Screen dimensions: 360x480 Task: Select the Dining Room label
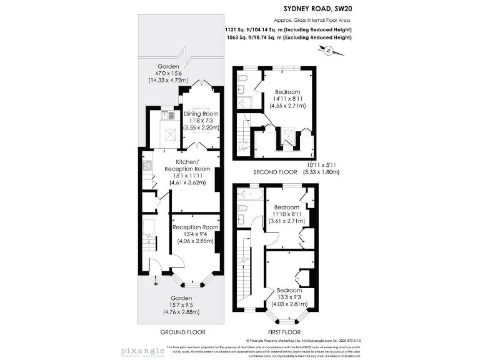[x=201, y=114]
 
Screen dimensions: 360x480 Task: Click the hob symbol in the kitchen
[x=147, y=166]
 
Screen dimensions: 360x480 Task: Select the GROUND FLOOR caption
[x=182, y=332]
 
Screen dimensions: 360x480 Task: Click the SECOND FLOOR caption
[x=274, y=172]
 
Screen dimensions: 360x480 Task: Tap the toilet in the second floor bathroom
[x=244, y=79]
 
